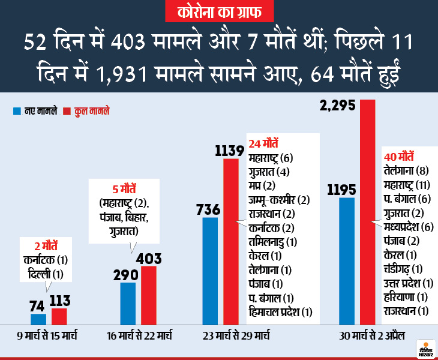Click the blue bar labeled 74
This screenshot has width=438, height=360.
(x=38, y=319)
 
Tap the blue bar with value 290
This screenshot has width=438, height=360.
(x=128, y=303)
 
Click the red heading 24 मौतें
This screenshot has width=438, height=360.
(x=263, y=144)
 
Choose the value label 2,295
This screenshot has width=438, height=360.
(x=337, y=106)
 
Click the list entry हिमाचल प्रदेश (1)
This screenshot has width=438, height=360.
(x=280, y=311)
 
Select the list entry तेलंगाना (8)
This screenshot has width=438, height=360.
(x=405, y=170)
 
